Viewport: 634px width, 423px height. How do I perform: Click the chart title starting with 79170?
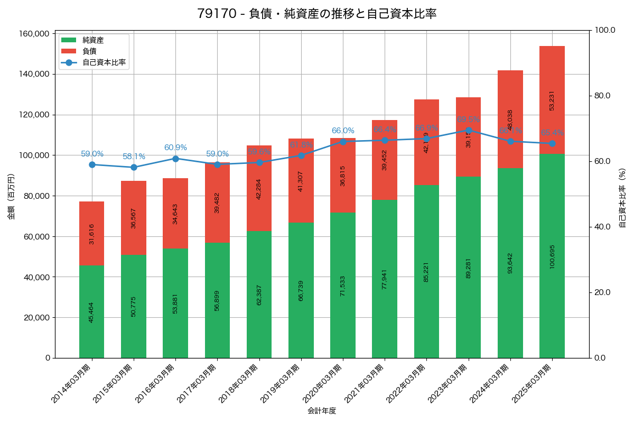pyautogui.click(x=316, y=14)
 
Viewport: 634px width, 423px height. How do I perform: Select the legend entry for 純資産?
pyautogui.click(x=93, y=40)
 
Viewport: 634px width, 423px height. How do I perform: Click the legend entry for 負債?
pyautogui.click(x=89, y=51)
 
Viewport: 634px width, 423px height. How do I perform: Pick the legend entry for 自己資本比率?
pyautogui.click(x=104, y=62)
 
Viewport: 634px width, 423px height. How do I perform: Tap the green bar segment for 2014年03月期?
pyautogui.click(x=92, y=311)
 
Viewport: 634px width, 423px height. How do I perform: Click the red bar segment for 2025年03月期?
pyautogui.click(x=552, y=100)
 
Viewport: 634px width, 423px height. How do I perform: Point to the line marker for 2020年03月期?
pyautogui.click(x=343, y=142)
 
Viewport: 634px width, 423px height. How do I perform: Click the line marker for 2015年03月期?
pyautogui.click(x=134, y=167)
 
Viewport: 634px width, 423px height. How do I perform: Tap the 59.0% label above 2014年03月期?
pyautogui.click(x=92, y=154)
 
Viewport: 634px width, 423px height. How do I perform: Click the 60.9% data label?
pyautogui.click(x=175, y=148)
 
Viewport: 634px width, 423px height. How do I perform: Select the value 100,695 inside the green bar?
pyautogui.click(x=552, y=256)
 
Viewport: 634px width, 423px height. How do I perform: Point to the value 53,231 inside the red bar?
pyautogui.click(x=552, y=100)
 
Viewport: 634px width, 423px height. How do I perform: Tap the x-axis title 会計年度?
pyautogui.click(x=322, y=411)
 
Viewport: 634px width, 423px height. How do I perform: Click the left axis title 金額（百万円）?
pyautogui.click(x=11, y=196)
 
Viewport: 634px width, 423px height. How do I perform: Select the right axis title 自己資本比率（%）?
pyautogui.click(x=622, y=198)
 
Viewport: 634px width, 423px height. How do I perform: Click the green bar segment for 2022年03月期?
pyautogui.click(x=426, y=271)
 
